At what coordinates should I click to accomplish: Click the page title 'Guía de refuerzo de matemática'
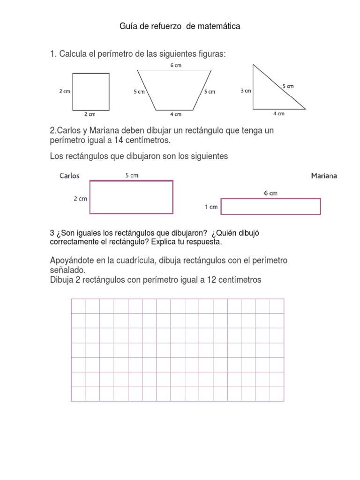point(180,27)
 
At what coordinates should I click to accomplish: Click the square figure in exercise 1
point(90,91)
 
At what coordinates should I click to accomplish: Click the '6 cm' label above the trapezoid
point(175,65)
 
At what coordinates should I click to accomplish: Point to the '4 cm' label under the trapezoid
point(175,114)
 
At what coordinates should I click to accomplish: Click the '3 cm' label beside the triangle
point(246,91)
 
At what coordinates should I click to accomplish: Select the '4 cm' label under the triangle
point(278,113)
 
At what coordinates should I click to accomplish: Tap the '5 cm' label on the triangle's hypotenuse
point(288,86)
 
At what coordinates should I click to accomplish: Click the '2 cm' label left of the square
point(65,91)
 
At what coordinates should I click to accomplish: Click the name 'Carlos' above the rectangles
point(69,176)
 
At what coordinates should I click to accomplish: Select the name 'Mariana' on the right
point(323,176)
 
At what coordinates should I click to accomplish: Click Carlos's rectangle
point(131,197)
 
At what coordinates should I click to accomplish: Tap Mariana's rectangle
point(270,206)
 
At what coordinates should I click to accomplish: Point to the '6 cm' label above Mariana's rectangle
point(270,193)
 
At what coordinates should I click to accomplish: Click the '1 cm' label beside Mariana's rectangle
point(211,207)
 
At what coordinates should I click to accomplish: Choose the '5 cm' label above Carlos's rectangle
point(132,175)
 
